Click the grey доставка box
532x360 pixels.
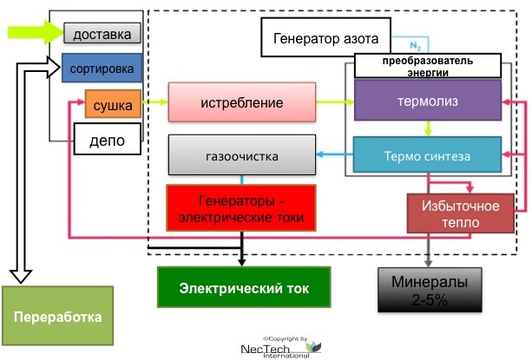click(x=102, y=34)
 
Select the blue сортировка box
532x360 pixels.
click(x=101, y=67)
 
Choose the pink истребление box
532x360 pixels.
click(x=241, y=102)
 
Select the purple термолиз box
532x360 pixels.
click(x=428, y=101)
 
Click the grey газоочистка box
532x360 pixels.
click(x=241, y=156)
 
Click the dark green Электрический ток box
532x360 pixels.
click(x=244, y=287)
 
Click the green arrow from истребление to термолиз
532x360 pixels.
click(x=334, y=102)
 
